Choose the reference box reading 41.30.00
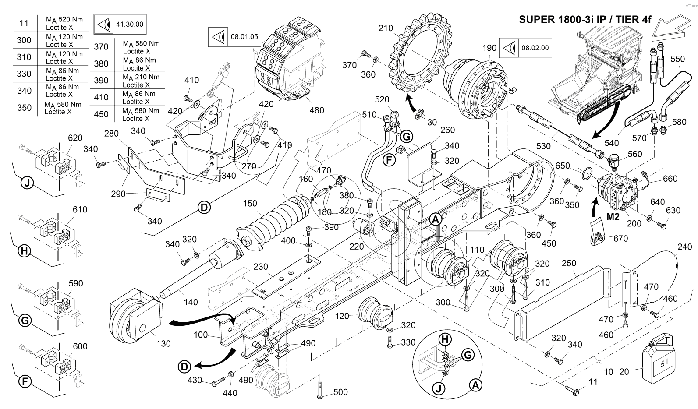tap(120, 25)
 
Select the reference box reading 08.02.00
tap(525, 47)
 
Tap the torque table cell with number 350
tap(24, 108)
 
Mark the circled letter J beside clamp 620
tap(27, 183)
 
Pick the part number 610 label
tap(80, 210)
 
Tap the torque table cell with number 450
tap(101, 114)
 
